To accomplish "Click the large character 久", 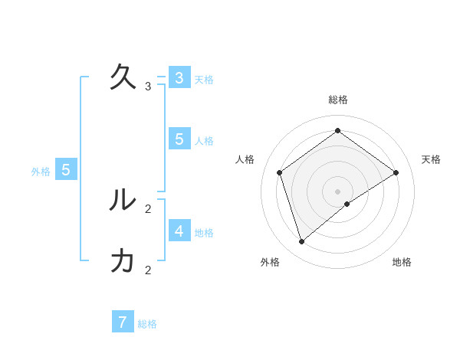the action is point(123,77).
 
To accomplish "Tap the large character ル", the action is point(123,200).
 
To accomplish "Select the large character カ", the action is point(123,261).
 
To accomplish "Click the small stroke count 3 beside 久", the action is point(148,87).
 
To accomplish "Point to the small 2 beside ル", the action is point(148,208).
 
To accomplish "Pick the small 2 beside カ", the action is point(148,270).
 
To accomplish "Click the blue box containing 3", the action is point(179,77).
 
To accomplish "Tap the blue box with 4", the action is point(179,231).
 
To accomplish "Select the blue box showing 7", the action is point(123,322).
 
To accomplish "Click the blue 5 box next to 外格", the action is point(65,170).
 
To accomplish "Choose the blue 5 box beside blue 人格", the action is point(179,139).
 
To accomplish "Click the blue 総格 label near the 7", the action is point(147,324).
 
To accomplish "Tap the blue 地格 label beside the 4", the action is point(204,233).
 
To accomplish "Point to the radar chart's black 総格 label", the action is point(338,100).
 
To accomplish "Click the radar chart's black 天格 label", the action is point(432,159).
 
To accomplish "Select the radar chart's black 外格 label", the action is point(270,262).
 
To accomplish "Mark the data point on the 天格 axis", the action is point(396,172).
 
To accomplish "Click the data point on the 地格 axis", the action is point(347,204).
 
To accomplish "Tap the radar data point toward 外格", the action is point(302,242).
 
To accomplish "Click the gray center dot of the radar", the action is point(338,191).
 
